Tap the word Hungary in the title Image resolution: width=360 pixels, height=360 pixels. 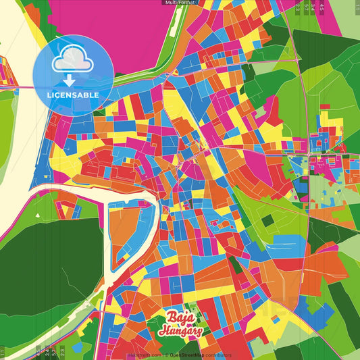click(180, 331)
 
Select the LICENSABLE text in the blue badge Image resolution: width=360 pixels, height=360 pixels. click(73, 95)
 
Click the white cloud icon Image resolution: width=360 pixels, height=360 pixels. click(73, 59)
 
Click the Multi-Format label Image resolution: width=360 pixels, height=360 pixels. click(179, 3)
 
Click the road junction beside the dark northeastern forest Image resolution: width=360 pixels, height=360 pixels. click(297, 59)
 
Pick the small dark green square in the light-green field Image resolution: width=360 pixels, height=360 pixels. click(268, 220)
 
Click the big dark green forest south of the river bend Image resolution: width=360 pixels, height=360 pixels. click(47, 263)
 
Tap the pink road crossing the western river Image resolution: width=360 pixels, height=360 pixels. click(20, 87)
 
